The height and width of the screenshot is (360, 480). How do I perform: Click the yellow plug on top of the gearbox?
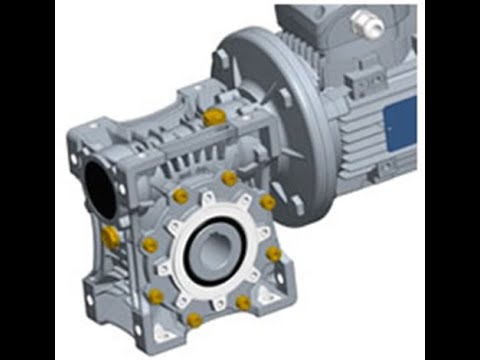click(213, 117)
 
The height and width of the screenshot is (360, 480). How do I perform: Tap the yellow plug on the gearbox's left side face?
click(111, 237)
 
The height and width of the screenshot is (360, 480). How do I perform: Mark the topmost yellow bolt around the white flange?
click(229, 178)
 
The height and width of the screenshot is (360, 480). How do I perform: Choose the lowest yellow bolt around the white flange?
click(195, 320)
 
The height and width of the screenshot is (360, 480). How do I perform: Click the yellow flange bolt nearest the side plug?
click(150, 244)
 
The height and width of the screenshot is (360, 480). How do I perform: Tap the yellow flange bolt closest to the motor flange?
click(267, 202)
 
